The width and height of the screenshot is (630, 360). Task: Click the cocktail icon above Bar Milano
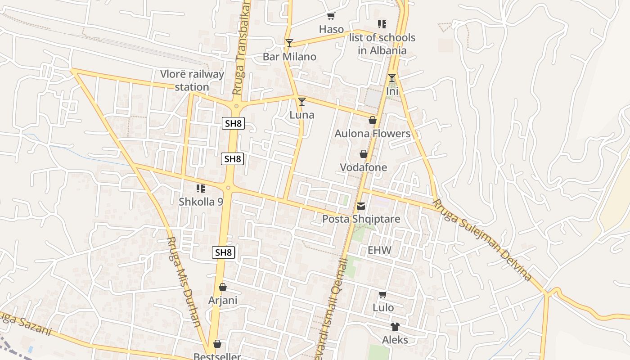coord(289,43)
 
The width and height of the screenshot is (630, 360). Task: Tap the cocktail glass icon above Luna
coord(302,101)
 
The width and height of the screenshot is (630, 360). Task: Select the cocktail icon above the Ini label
coord(392,78)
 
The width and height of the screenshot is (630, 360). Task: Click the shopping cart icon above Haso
coord(331,16)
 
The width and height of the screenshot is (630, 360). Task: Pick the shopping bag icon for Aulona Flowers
coord(373,120)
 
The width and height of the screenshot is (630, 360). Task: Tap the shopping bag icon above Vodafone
coord(364,154)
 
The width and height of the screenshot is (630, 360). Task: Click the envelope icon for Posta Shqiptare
coord(361,206)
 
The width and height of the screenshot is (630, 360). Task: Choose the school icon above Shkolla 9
coord(201,189)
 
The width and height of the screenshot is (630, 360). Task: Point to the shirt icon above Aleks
coord(395,327)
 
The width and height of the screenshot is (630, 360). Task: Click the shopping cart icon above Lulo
coord(383,295)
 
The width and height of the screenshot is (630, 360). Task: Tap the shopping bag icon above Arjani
coord(223,287)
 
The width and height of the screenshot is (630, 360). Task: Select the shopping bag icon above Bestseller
coord(217,344)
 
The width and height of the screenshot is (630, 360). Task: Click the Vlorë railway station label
coord(192,81)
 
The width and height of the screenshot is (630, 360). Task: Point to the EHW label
coord(379,250)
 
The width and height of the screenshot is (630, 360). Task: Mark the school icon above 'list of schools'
coord(382,24)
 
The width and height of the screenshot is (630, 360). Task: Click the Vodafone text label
coord(363,167)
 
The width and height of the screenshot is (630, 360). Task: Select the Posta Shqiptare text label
coord(361,219)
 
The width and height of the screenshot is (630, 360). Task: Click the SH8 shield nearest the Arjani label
coord(223,252)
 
